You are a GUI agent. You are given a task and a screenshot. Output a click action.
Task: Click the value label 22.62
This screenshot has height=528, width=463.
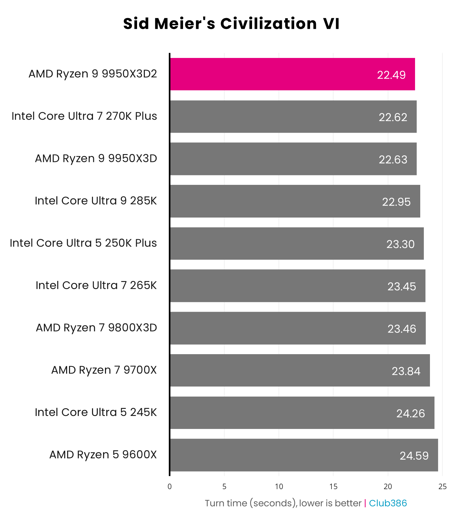pyautogui.click(x=393, y=117)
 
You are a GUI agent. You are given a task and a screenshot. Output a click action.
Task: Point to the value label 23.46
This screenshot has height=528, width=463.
pyautogui.click(x=401, y=329)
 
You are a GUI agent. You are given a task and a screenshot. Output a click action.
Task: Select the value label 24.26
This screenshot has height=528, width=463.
pyautogui.click(x=410, y=413)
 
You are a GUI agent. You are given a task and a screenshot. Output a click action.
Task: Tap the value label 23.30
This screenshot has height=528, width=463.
pyautogui.click(x=400, y=244)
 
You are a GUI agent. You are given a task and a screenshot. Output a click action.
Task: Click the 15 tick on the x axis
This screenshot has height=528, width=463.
pyautogui.click(x=333, y=487)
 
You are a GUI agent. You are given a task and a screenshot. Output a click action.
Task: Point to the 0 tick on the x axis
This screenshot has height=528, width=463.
pyautogui.click(x=169, y=487)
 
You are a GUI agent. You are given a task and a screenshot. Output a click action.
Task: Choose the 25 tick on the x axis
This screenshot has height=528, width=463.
pyautogui.click(x=442, y=487)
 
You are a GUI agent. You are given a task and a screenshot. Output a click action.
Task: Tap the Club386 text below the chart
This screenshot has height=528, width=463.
pyautogui.click(x=388, y=503)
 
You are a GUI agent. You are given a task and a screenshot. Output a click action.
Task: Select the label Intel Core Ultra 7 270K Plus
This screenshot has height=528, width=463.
pyautogui.click(x=84, y=116)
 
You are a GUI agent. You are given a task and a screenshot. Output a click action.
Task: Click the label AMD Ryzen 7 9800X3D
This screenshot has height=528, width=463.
pyautogui.click(x=96, y=328)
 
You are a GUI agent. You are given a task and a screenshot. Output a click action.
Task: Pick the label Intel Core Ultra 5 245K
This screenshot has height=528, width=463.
pyautogui.click(x=96, y=412)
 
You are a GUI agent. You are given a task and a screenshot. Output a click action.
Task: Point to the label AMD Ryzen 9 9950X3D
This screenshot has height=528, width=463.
pyautogui.click(x=96, y=158)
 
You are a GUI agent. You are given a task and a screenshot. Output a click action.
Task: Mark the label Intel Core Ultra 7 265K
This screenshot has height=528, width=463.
pyautogui.click(x=96, y=285)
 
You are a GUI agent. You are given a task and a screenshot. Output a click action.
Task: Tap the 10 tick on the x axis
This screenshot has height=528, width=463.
pyautogui.click(x=279, y=487)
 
